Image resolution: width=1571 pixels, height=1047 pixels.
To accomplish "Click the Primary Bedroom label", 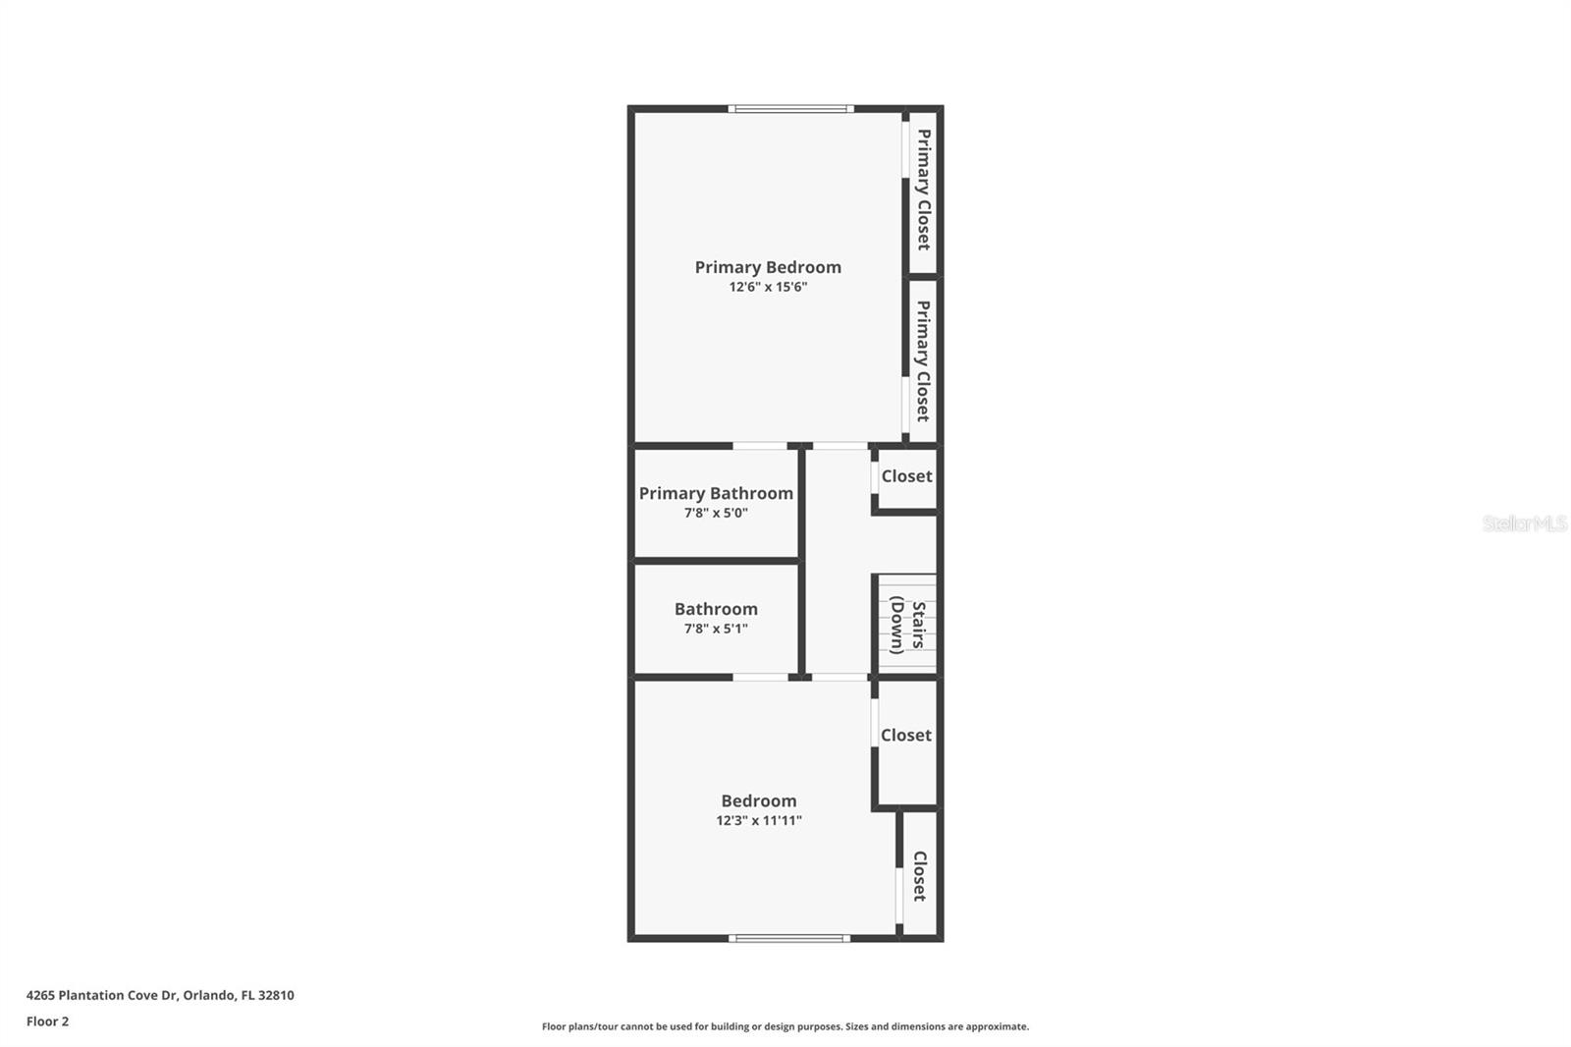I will [x=768, y=267].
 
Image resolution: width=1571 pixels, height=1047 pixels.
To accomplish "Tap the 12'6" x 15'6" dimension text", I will [x=768, y=288].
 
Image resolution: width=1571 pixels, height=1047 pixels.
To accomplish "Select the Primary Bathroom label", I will [x=716, y=493].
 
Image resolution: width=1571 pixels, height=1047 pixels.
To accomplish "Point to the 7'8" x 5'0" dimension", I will [x=716, y=513].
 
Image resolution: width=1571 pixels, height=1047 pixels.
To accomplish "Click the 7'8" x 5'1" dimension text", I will [x=716, y=629].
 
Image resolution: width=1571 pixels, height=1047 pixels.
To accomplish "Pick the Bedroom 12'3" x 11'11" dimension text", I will [x=759, y=820].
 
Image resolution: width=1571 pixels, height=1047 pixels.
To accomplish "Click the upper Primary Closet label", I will [x=924, y=189].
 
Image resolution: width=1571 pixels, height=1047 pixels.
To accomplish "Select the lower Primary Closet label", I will [x=923, y=360].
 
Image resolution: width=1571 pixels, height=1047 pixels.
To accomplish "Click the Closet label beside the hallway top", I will [x=906, y=476].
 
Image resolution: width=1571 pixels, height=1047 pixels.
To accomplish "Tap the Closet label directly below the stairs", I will [x=905, y=735].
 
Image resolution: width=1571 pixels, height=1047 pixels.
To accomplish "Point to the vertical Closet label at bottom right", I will [x=920, y=875].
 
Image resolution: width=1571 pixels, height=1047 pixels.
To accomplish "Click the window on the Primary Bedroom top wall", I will [x=790, y=108].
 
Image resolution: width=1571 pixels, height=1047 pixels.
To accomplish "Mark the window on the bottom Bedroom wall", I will [x=789, y=938].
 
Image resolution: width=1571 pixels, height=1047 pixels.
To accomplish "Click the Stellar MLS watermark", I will [x=1524, y=523].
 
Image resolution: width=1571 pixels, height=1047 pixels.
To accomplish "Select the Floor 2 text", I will [x=47, y=1021].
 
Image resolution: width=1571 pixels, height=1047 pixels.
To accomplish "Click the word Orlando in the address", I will [x=209, y=995].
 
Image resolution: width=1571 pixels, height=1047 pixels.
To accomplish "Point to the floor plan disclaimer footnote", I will [x=785, y=1026].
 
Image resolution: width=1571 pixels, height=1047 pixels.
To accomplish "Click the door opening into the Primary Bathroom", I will [x=760, y=446].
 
